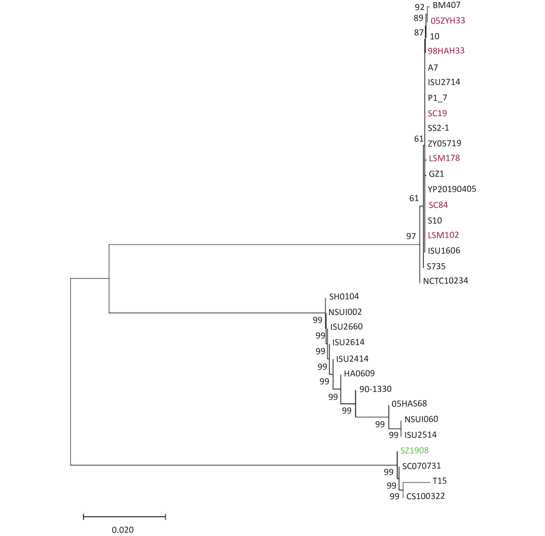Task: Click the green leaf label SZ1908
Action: (414, 450)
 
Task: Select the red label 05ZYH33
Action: (448, 21)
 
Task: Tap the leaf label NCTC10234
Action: (446, 281)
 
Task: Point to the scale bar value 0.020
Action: (123, 530)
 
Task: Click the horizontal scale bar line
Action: (125, 517)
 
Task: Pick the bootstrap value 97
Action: (411, 236)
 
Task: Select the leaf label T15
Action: (440, 481)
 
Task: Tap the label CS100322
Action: (426, 496)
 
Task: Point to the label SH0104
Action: (344, 296)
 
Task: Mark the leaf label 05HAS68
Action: (409, 404)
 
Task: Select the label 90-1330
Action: (375, 389)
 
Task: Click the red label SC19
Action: (437, 113)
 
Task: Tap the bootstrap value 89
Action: (419, 18)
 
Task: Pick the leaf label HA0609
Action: (359, 374)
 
